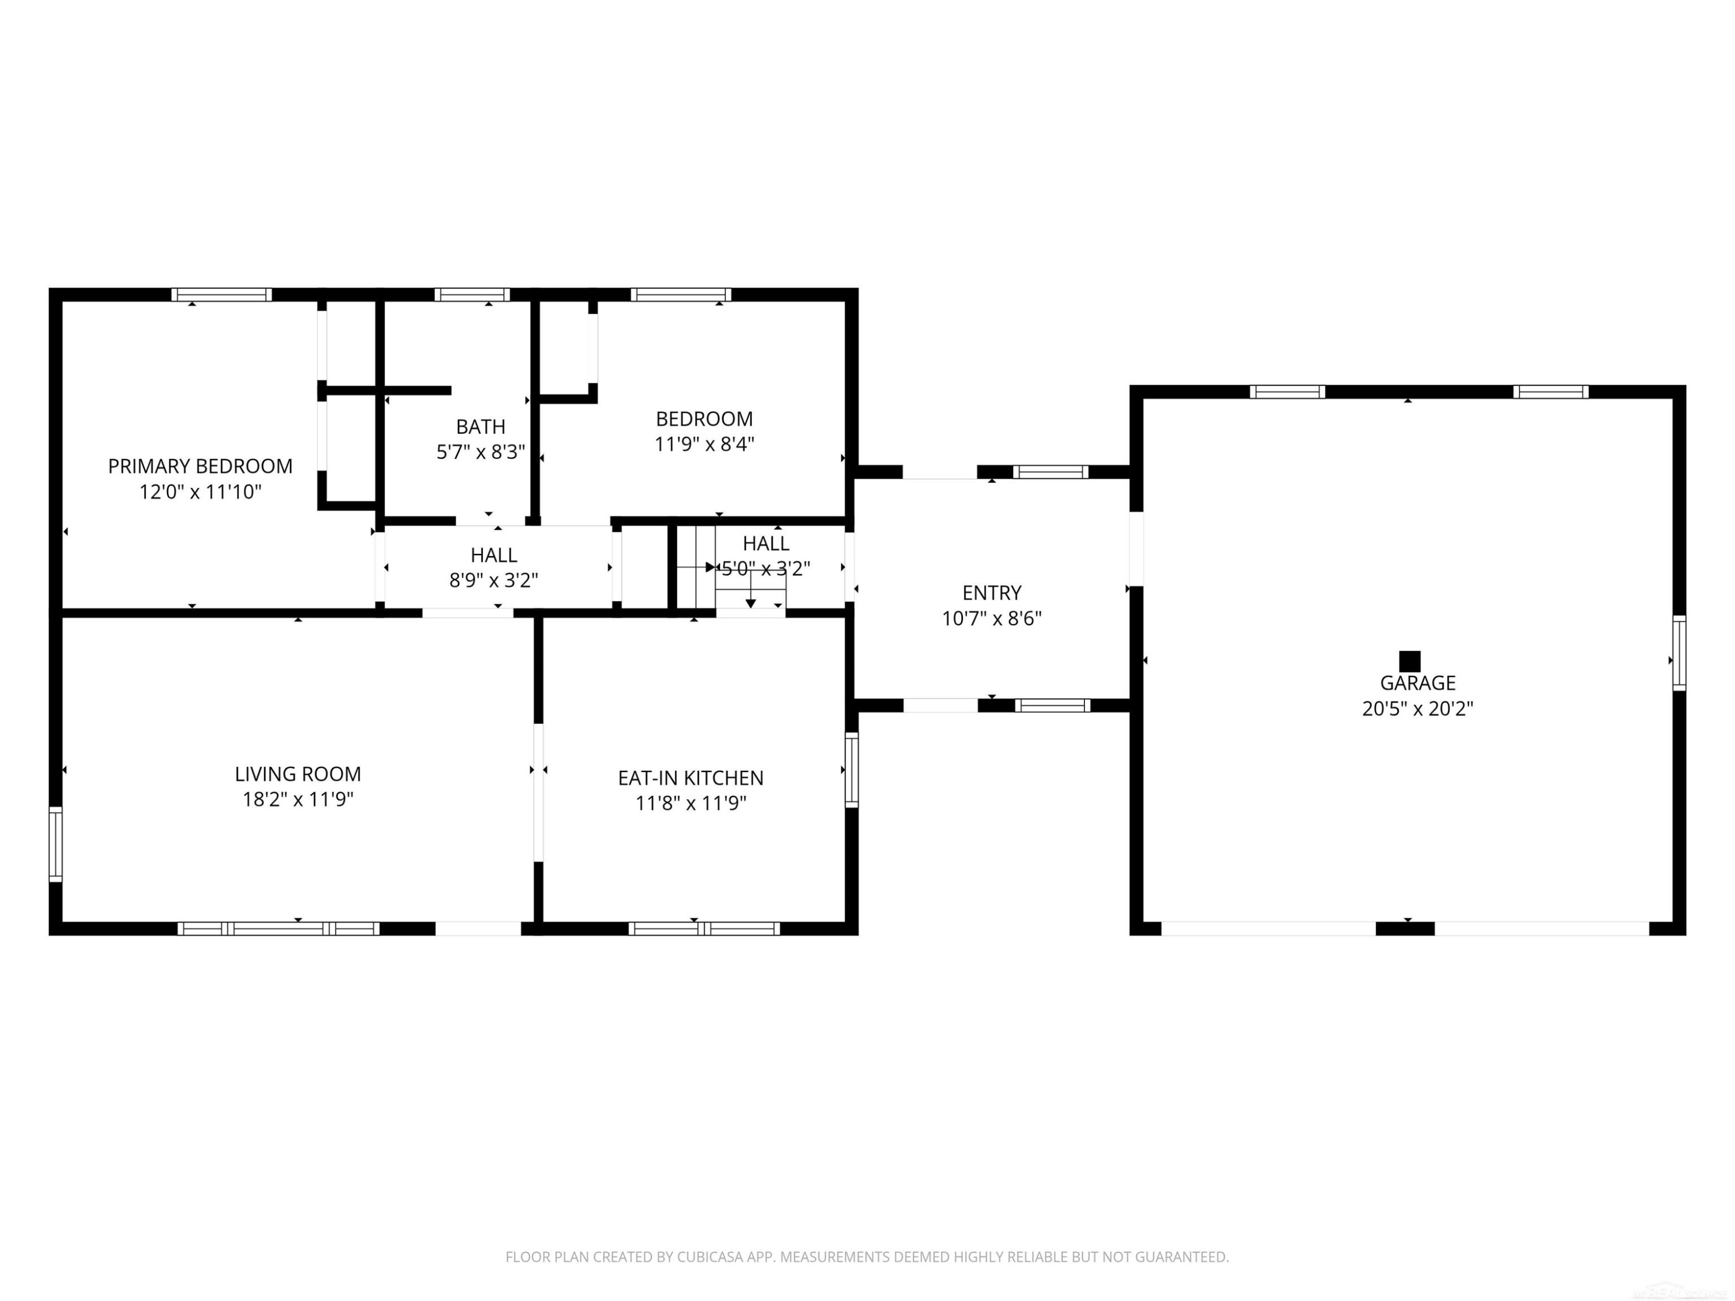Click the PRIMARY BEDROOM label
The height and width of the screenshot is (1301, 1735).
click(x=200, y=466)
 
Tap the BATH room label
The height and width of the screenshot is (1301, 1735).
click(x=481, y=427)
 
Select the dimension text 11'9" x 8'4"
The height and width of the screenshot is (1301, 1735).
click(x=704, y=445)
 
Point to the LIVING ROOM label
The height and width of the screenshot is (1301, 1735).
click(x=298, y=774)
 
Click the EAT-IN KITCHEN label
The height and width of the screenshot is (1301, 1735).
click(x=691, y=778)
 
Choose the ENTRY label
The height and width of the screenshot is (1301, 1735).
click(x=992, y=593)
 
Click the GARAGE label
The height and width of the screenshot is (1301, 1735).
click(x=1418, y=683)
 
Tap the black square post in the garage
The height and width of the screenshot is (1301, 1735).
click(x=1409, y=661)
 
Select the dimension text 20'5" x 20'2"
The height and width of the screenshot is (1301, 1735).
click(x=1418, y=709)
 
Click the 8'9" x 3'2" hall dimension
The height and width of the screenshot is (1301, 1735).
click(x=494, y=581)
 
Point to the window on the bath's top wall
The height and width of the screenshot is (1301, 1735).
click(x=472, y=295)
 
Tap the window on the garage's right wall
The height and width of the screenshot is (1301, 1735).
click(x=1679, y=653)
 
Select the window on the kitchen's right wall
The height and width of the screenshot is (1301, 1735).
click(x=852, y=769)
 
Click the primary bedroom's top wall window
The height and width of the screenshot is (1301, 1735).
click(x=222, y=295)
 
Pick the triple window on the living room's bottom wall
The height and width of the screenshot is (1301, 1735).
click(x=278, y=929)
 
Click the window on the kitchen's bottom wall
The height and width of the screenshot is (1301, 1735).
click(x=704, y=929)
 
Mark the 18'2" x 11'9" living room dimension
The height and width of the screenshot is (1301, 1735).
click(x=298, y=800)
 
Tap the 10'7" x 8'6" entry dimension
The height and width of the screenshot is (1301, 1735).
click(x=992, y=619)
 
